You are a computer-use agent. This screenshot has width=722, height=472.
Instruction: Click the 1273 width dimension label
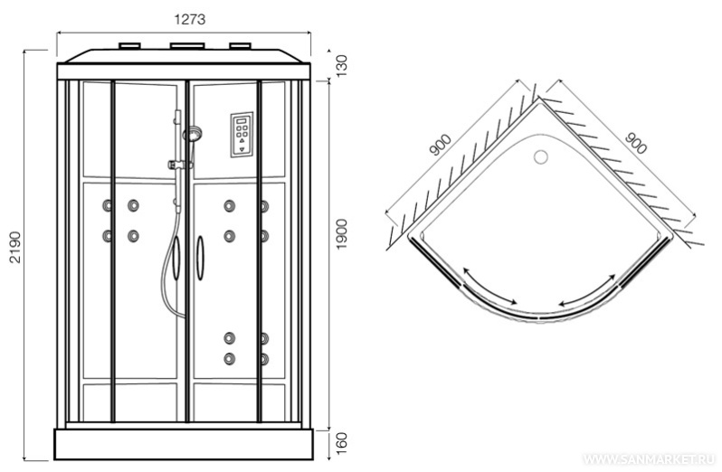tap(190, 19)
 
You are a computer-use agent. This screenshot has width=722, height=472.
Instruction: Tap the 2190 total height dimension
tap(15, 247)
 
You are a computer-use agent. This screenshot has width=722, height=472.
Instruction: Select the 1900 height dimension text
tap(341, 234)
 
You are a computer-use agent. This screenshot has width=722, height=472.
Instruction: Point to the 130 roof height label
tap(341, 66)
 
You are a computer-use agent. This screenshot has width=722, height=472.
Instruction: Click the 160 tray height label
tap(341, 442)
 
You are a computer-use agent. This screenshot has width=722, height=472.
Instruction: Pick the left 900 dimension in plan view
tap(441, 145)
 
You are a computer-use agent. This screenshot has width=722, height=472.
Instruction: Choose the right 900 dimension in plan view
tap(636, 143)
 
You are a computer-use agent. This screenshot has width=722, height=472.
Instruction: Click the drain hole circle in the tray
tap(540, 156)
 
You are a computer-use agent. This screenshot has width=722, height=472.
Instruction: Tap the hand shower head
tap(192, 134)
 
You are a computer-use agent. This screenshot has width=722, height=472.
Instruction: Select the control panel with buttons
tap(242, 135)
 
